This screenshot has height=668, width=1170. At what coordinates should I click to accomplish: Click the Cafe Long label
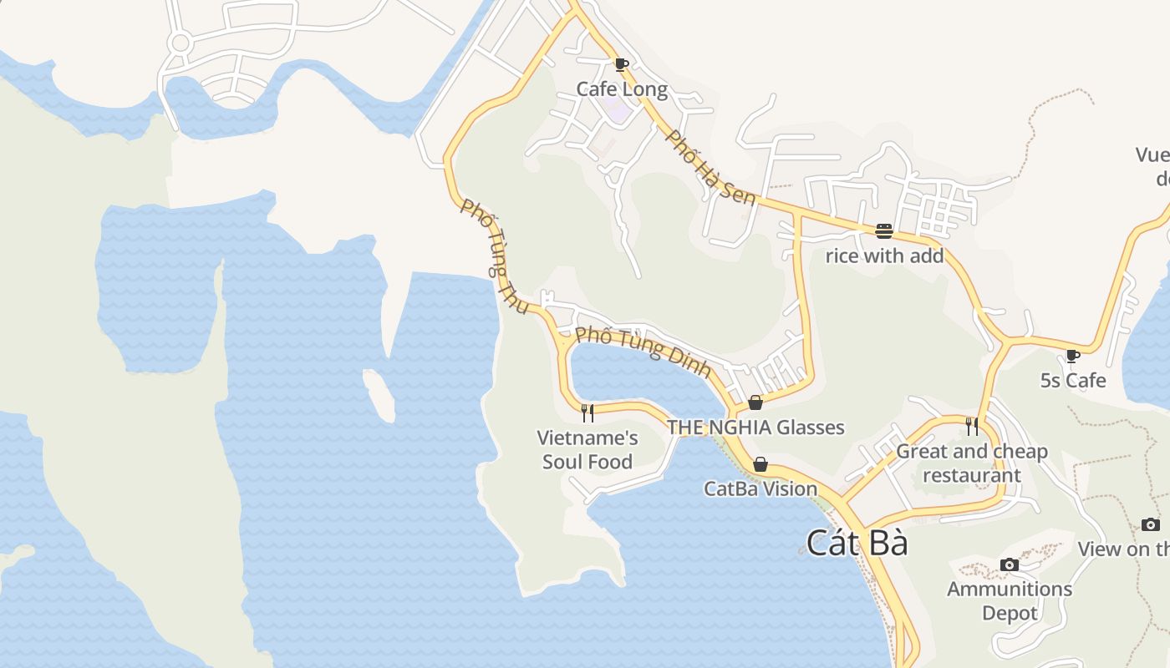click(x=622, y=89)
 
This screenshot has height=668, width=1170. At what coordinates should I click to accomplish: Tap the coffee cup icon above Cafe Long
click(x=621, y=64)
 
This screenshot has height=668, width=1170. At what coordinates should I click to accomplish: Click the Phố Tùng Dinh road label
click(x=643, y=351)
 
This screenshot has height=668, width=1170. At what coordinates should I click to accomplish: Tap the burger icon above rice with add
click(x=884, y=231)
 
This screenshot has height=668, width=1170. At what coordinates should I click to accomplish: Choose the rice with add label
click(x=884, y=256)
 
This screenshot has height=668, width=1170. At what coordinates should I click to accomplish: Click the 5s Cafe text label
click(x=1073, y=381)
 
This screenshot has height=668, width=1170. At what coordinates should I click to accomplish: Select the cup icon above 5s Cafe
click(x=1073, y=357)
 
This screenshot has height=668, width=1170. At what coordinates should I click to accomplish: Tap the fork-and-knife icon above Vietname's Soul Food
click(x=588, y=412)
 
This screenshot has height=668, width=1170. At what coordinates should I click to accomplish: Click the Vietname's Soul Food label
click(x=588, y=449)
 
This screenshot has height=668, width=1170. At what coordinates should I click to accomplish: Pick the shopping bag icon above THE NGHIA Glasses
click(x=755, y=403)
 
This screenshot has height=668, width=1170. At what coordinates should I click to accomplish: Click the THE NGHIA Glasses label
click(x=755, y=428)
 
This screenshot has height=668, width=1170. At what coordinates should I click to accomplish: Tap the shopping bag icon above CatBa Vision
click(x=760, y=464)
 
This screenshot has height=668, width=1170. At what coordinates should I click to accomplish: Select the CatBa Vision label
click(x=760, y=488)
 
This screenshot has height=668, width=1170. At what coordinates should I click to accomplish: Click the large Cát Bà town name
click(x=857, y=544)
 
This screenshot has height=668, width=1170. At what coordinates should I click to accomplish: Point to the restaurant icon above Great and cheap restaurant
click(x=972, y=427)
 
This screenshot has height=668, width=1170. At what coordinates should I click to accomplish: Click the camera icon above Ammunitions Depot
click(x=1010, y=564)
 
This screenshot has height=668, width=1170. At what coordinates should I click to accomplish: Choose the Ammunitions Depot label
click(x=1010, y=600)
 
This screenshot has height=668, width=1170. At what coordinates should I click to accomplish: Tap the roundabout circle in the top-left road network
click(x=179, y=43)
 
